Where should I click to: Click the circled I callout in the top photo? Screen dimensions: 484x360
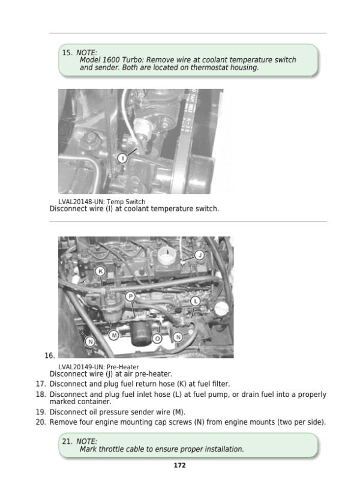click(122, 158)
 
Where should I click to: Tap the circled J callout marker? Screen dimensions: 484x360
click(199, 255)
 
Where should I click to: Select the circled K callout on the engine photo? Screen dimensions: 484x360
click(101, 271)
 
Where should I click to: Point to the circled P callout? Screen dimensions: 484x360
click(130, 297)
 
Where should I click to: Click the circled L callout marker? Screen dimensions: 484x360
click(196, 301)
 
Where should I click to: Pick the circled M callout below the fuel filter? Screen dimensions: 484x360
click(113, 334)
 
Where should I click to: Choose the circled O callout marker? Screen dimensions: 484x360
click(157, 339)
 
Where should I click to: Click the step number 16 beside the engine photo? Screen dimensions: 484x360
click(50, 355)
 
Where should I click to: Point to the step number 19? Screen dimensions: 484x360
click(41, 412)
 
